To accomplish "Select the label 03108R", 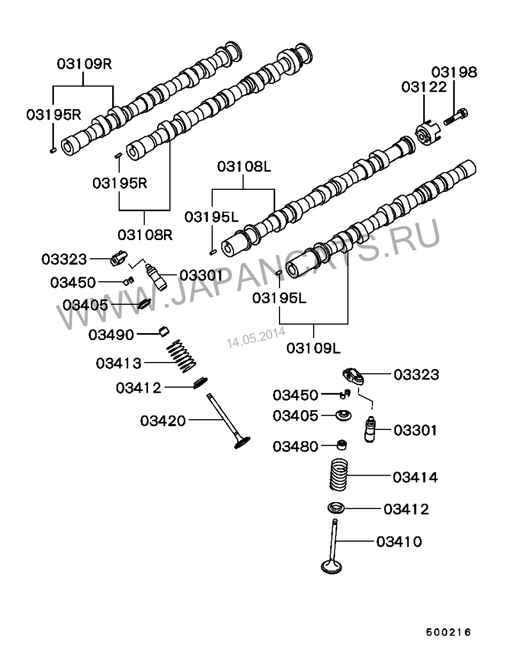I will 146,234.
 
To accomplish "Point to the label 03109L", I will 314,349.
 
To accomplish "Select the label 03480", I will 295,446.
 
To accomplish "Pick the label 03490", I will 110,334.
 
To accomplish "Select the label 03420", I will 163,421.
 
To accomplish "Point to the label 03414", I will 415,478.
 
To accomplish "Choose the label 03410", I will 399,542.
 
